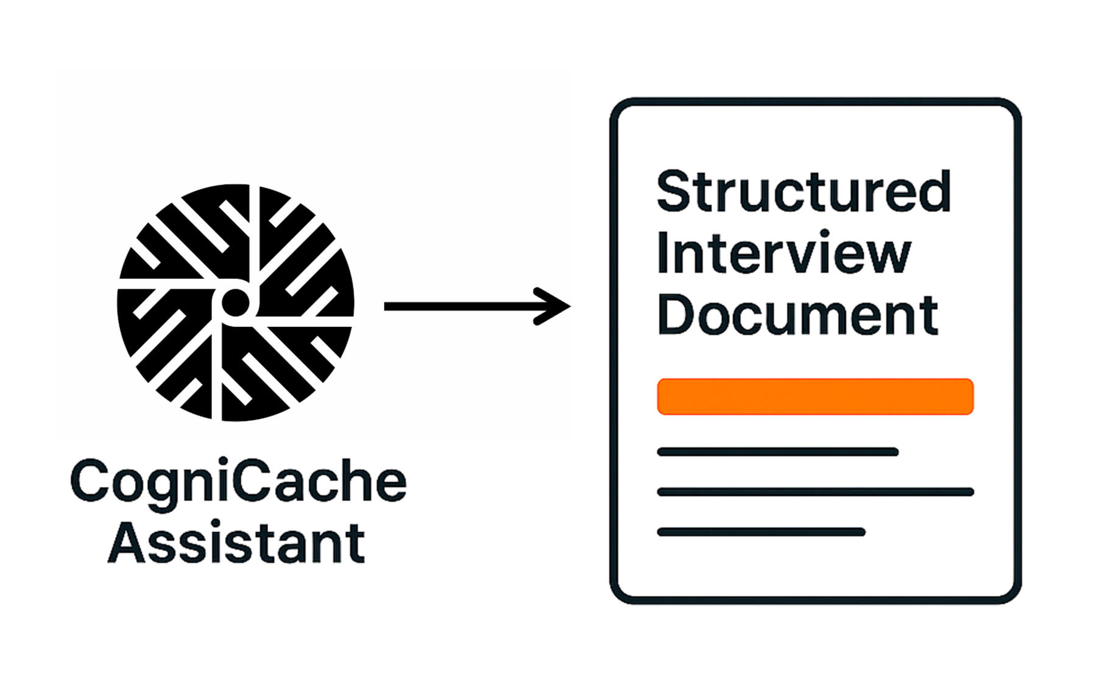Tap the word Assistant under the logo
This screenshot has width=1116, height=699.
pyautogui.click(x=236, y=543)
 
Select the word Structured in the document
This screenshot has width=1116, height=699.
pyautogui.click(x=803, y=191)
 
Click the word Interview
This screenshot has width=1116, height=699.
pyautogui.click(x=783, y=253)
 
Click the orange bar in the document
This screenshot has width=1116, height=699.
pyautogui.click(x=815, y=396)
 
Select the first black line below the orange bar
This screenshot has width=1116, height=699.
pyautogui.click(x=777, y=452)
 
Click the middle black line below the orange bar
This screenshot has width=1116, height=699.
pyautogui.click(x=815, y=492)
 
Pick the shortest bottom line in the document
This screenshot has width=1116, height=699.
pyautogui.click(x=761, y=532)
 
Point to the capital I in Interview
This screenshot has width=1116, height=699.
pyautogui.click(x=663, y=253)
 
